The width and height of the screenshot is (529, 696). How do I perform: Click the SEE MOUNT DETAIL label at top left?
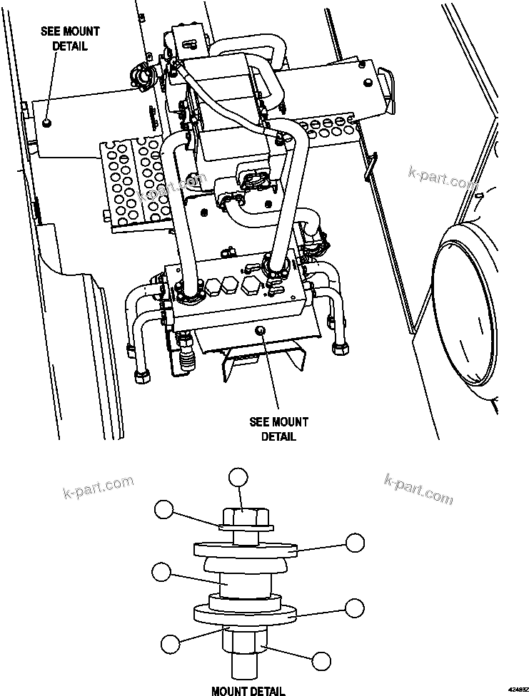tap(70, 39)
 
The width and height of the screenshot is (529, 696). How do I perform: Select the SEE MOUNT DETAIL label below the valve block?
tap(278, 429)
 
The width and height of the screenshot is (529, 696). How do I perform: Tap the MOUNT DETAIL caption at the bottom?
tap(248, 690)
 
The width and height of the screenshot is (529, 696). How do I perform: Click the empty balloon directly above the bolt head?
tap(238, 478)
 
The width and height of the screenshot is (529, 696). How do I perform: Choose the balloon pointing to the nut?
tap(321, 660)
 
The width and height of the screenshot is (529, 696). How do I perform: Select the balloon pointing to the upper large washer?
tap(355, 543)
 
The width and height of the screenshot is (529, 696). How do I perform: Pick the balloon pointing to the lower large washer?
tap(355, 608)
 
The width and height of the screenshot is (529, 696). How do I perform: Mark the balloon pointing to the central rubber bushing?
tap(161, 572)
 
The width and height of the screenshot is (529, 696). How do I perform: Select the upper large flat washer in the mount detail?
tap(245, 549)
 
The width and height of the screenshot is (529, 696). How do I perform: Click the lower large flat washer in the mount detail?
tap(245, 615)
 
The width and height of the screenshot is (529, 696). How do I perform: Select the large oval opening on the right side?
tap(467, 311)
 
